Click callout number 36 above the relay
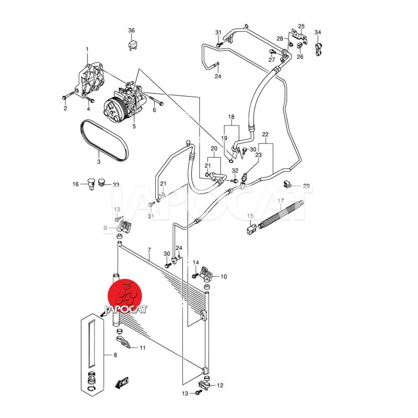point(132,30)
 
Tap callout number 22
point(265,135)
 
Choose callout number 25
point(301,26)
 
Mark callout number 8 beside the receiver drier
point(115,356)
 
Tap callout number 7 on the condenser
point(149,250)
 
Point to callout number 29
point(306,186)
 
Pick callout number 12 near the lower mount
point(220,386)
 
